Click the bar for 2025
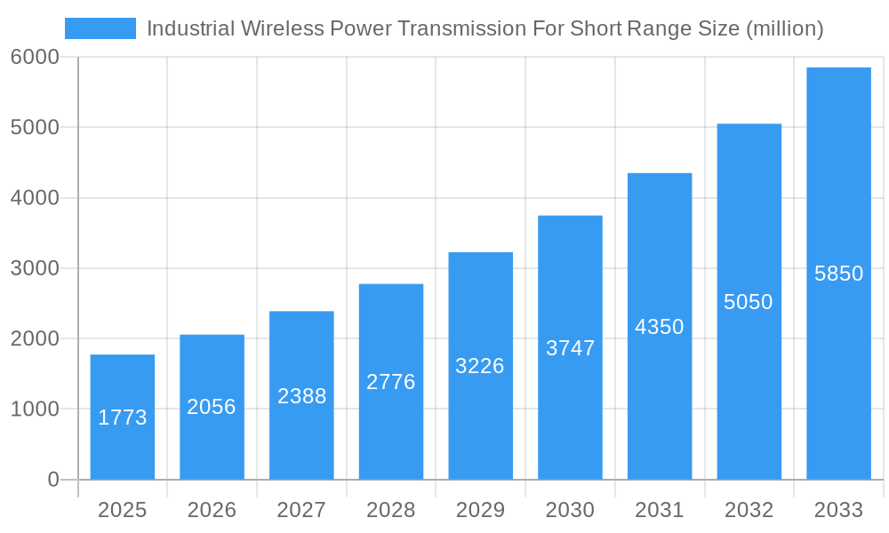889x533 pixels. point(123,417)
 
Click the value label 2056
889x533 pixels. point(212,407)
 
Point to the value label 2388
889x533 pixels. point(301,396)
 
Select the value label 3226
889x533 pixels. point(480,366)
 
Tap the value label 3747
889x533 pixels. point(570,348)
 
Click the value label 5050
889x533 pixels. point(749,302)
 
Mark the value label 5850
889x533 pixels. point(838,274)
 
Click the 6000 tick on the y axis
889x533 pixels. point(35,57)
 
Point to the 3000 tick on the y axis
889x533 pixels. point(35,268)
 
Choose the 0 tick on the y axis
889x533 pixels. point(53,480)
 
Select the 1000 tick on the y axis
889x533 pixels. point(35,410)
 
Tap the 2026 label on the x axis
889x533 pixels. point(212,510)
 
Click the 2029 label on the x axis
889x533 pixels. point(480,510)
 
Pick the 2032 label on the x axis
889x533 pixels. point(749,510)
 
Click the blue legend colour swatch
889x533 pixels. point(100,28)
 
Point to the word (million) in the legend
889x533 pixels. point(784,28)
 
